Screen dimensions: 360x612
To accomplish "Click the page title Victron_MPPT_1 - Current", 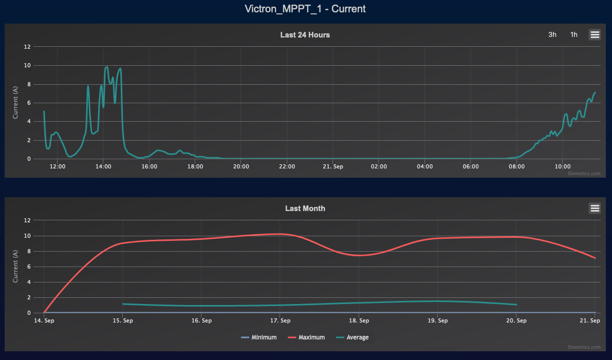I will [x=306, y=9].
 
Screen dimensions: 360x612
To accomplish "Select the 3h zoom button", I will [x=552, y=34].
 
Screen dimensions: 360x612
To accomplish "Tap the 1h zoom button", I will [x=573, y=34].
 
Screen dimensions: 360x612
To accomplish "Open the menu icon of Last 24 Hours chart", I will [x=595, y=34].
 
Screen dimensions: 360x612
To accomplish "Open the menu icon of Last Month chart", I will [x=595, y=208].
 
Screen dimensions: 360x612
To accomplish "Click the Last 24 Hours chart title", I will [x=305, y=35].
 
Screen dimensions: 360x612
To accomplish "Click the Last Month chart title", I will [x=305, y=209].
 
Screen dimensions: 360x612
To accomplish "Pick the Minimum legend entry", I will [x=259, y=337].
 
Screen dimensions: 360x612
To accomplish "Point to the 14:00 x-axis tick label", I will [x=103, y=167].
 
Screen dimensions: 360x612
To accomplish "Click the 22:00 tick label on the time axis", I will [x=287, y=167].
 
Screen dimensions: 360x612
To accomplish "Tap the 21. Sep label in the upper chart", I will [x=333, y=167].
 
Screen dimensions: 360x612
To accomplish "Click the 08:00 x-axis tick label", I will [x=516, y=167].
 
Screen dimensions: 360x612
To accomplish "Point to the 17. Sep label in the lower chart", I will [x=280, y=321].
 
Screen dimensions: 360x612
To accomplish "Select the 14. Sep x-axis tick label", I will [x=44, y=321].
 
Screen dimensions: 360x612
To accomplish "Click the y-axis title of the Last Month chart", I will [x=15, y=267].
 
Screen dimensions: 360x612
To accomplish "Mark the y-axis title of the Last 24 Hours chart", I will [x=15, y=103].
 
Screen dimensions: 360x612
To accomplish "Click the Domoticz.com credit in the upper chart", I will [x=584, y=174].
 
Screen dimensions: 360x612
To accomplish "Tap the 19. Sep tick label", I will [x=438, y=321].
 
